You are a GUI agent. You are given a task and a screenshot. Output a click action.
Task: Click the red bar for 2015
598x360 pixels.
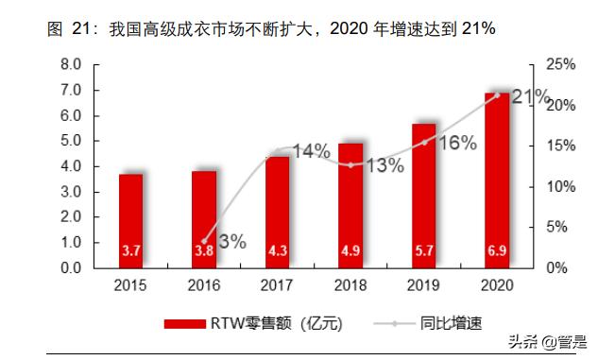coord(131,220)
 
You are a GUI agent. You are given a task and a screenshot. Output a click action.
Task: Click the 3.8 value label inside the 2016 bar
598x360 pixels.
coord(204,251)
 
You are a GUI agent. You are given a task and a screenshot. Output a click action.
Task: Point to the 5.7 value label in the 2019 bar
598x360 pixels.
coord(423,251)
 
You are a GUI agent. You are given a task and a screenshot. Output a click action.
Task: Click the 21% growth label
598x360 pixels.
coord(531,96)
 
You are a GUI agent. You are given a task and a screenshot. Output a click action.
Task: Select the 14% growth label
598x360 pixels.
coord(310,151)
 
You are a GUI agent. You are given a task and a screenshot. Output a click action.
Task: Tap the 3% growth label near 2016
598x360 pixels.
coord(232,241)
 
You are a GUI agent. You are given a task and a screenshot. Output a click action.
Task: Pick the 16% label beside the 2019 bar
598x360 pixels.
coord(456,142)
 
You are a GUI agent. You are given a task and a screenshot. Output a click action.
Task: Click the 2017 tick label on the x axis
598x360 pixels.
coord(278,284)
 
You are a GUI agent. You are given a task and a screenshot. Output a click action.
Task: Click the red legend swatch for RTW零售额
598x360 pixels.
coord(185,323)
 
